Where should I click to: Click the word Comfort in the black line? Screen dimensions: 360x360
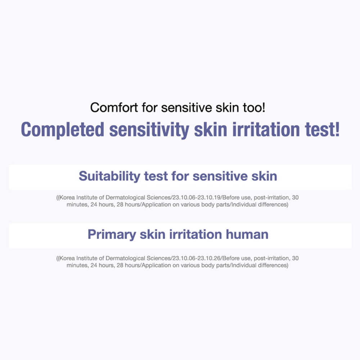tap(114, 107)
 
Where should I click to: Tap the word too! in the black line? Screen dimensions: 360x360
tap(254, 107)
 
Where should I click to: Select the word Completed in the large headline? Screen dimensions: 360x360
tap(63, 130)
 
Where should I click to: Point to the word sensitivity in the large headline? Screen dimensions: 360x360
tap(149, 130)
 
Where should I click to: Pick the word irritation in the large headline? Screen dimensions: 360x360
tap(266, 130)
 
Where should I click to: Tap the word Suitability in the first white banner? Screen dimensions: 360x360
tap(109, 176)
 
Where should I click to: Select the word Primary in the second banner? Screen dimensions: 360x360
tap(112, 235)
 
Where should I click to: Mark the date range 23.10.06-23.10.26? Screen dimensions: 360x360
tap(197, 258)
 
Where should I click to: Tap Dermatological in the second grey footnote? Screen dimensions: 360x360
tap(125, 258)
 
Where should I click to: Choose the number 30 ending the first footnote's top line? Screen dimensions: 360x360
tap(295, 197)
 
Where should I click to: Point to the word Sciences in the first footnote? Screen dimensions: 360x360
tap(159, 197)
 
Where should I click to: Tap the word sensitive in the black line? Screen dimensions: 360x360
tap(186, 107)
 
